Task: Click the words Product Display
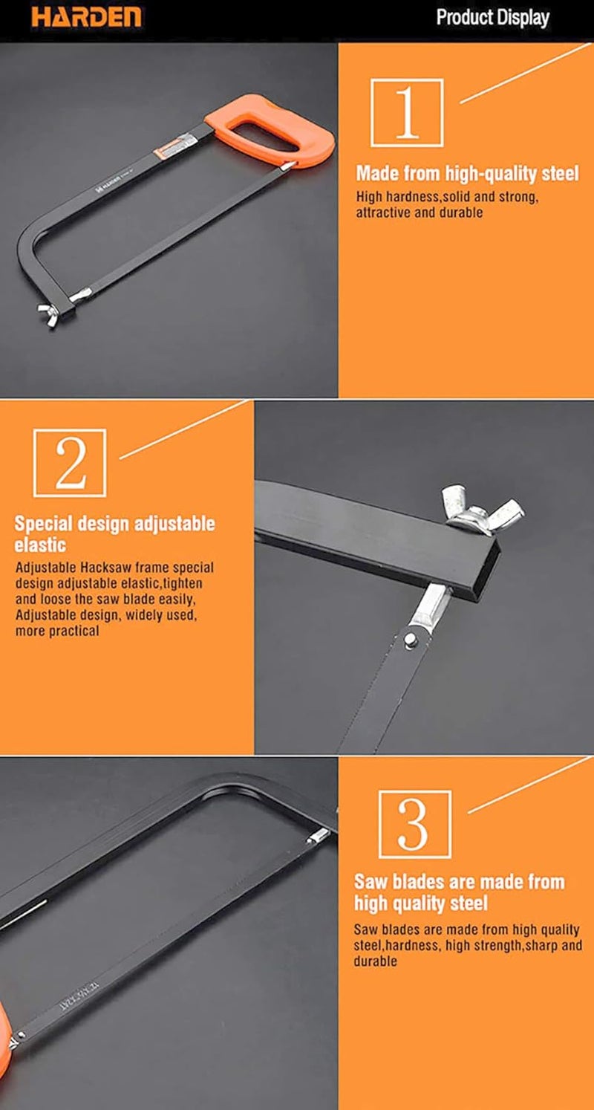[x=492, y=18]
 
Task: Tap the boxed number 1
[x=407, y=112]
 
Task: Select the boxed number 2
[x=70, y=463]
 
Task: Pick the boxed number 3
[x=414, y=824]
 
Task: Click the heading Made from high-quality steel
[x=467, y=174]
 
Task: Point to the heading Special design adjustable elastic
[x=114, y=533]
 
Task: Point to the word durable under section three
[x=375, y=961]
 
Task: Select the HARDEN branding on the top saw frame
[x=113, y=186]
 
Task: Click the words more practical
[x=57, y=631]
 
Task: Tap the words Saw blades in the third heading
[x=394, y=883]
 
